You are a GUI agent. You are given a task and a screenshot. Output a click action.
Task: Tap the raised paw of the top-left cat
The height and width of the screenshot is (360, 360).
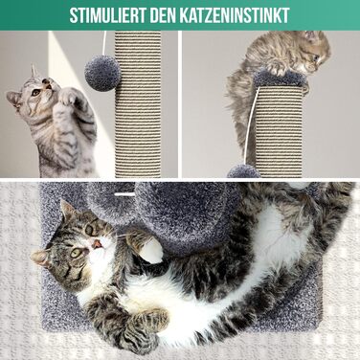pos(69,97)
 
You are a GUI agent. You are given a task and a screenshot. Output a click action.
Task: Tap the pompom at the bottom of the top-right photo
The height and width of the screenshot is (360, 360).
pos(243,171)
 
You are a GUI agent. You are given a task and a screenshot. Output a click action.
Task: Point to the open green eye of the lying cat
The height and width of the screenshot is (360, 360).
pos(77,253)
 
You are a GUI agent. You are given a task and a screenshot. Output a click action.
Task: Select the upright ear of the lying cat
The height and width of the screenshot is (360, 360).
pos(67,208)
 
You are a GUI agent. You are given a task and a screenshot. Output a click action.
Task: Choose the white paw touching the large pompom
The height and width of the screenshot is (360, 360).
pos(150,250)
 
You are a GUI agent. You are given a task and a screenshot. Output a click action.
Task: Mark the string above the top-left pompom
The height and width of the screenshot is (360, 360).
pos(103,43)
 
